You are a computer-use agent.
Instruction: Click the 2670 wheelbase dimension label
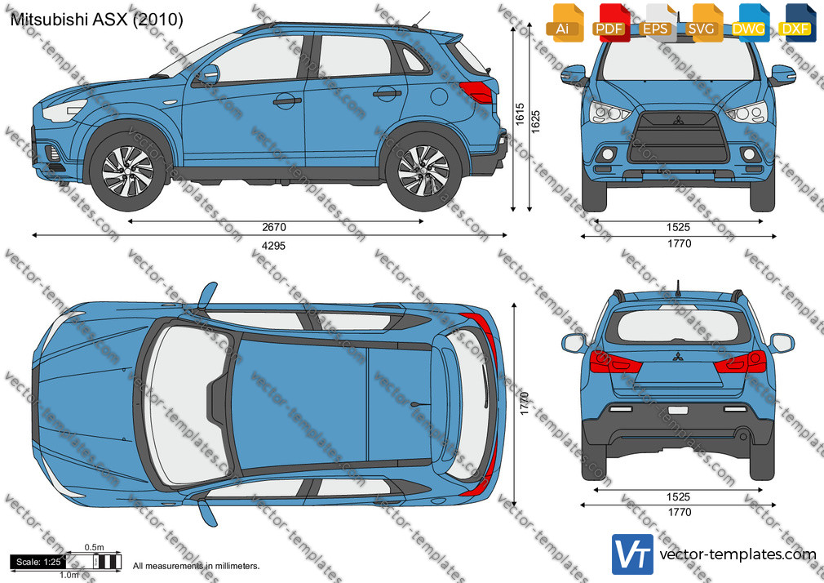point(274,227)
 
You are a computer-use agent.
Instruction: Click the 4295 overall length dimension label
point(274,246)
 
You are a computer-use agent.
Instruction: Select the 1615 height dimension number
point(520,114)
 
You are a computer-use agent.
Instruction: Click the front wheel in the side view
point(127,171)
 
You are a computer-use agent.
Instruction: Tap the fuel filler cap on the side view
point(439,97)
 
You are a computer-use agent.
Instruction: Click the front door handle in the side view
point(287,100)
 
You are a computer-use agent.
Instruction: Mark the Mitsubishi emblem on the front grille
point(678,120)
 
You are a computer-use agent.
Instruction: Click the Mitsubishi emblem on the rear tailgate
point(678,357)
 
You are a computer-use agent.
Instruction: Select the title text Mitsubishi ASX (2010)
point(97,20)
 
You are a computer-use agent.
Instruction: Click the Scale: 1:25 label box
point(38,562)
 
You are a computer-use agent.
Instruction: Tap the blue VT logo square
point(632,554)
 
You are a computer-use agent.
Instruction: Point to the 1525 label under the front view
point(678,227)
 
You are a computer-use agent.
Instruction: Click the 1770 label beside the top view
point(524,403)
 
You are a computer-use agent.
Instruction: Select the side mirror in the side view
point(209,74)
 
